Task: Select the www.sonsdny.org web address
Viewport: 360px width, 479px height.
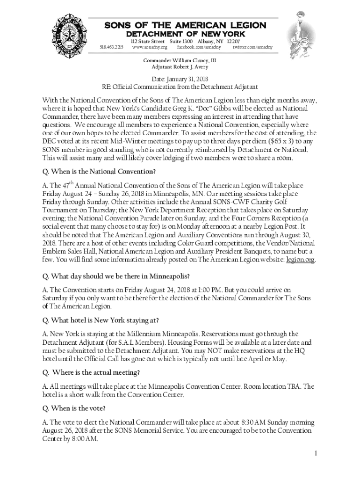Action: tap(150, 47)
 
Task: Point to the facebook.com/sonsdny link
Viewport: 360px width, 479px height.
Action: tap(199, 47)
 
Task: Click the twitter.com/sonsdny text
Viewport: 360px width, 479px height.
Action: tap(252, 47)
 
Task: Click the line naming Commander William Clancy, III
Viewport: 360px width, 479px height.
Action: tap(180, 60)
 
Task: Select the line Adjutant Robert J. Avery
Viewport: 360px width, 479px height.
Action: tap(180, 67)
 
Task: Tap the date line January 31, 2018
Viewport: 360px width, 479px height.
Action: tap(180, 80)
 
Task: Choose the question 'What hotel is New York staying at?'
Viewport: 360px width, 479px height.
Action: tap(101, 320)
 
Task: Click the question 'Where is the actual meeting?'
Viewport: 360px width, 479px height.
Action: tap(91, 372)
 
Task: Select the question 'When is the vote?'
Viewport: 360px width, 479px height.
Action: tap(74, 408)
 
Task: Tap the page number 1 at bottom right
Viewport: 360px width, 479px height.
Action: tap(316, 453)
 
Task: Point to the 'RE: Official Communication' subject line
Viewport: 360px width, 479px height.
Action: tap(180, 87)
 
